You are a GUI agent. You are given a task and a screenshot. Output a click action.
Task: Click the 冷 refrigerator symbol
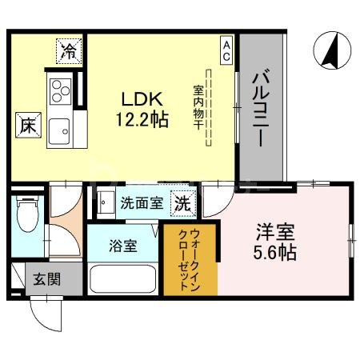[69, 52]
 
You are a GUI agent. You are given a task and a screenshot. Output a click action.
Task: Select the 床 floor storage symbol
[26, 125]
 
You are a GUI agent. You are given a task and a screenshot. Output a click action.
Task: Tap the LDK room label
[142, 99]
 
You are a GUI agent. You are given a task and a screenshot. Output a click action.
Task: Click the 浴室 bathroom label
[123, 246]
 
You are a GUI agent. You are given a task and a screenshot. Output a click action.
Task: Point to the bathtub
[123, 279]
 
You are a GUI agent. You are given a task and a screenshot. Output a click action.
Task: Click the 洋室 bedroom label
[275, 234]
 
